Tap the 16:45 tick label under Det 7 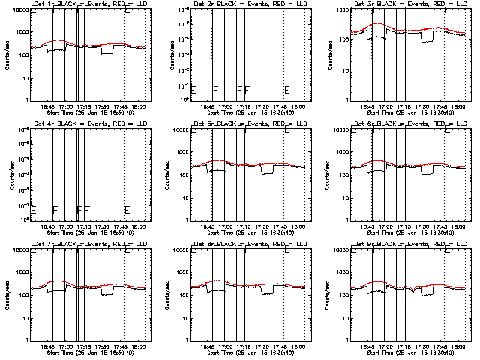(x=47, y=346)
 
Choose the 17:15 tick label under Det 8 (x=244, y=346)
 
